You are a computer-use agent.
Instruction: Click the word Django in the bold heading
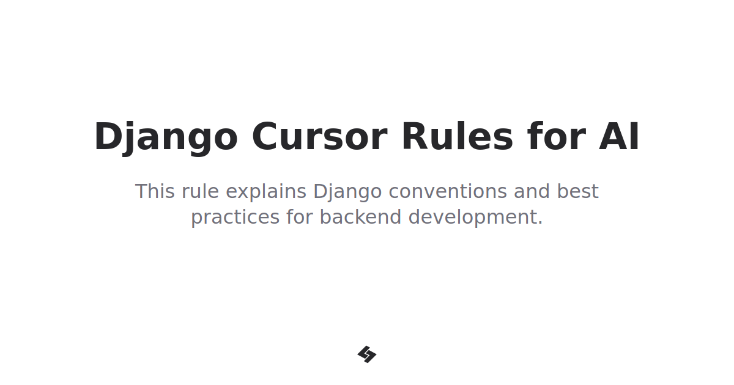coord(165,137)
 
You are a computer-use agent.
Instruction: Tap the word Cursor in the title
coord(319,137)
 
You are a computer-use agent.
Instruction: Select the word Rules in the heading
coord(457,137)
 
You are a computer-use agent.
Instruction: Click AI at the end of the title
coord(619,137)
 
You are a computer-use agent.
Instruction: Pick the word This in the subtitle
coord(155,191)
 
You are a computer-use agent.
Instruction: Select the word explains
coord(265,193)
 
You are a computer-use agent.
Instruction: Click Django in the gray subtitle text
coord(347,193)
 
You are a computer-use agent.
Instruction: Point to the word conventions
coord(448,191)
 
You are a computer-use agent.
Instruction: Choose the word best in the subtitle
coord(577,191)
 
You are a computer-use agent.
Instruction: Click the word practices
coord(235,218)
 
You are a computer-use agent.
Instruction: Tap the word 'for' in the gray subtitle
coord(300,217)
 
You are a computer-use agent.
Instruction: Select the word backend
coord(360,217)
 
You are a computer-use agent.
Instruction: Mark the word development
coord(472,218)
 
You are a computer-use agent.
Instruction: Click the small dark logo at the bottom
coord(367,354)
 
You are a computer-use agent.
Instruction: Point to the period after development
coord(540,223)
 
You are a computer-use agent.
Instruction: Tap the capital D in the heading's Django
coord(106,137)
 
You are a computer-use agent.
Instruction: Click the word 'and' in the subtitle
coord(532,191)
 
